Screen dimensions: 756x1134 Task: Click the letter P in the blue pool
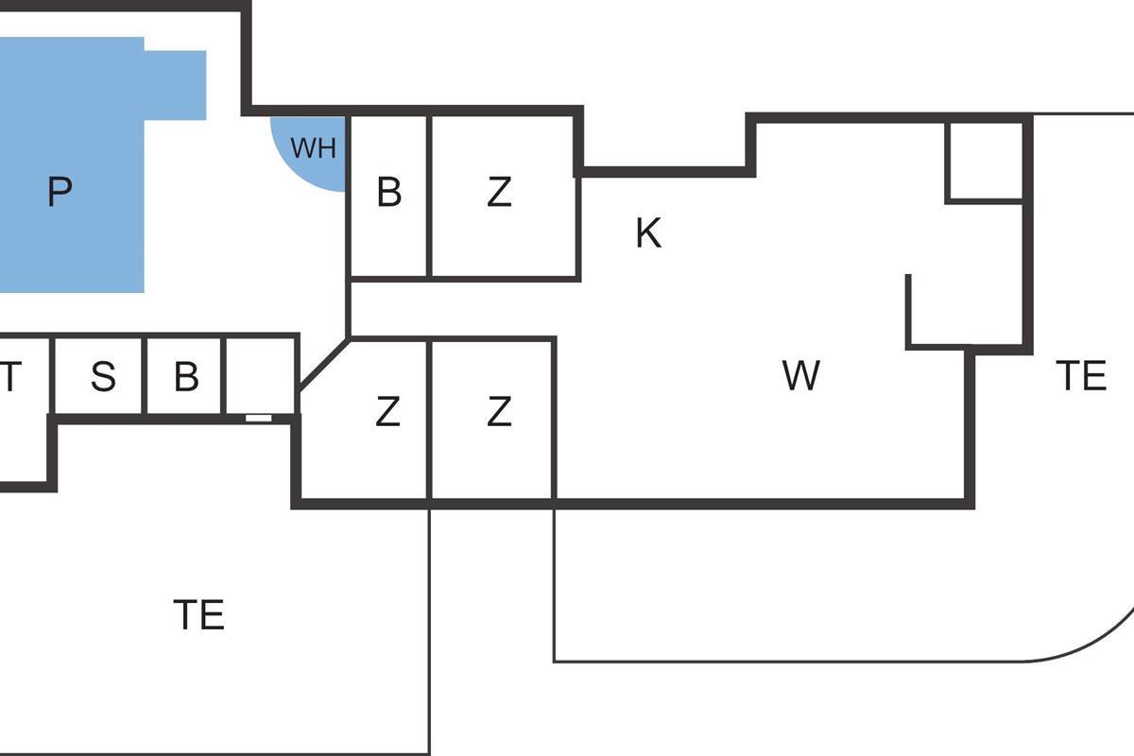pos(59,193)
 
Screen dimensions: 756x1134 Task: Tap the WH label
pos(313,148)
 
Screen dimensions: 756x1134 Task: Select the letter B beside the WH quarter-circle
pos(388,193)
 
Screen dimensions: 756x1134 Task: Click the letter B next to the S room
pos(186,377)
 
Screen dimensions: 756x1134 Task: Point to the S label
pos(103,377)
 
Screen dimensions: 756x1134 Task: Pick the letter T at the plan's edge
pos(9,377)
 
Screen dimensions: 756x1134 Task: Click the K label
pos(648,232)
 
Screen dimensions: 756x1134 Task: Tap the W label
pos(800,376)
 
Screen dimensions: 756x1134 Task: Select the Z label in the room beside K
pos(500,193)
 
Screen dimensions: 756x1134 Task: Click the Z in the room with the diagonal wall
pos(387,412)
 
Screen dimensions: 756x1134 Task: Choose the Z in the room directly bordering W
pos(499,412)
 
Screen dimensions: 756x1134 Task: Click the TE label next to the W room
pos(1080,376)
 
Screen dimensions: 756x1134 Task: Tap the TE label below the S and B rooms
pos(199,615)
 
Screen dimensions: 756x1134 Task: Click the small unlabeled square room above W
pos(985,161)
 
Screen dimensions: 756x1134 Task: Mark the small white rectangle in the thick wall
pos(258,417)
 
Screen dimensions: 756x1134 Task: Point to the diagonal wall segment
pos(323,364)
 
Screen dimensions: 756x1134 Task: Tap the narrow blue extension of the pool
pos(176,85)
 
